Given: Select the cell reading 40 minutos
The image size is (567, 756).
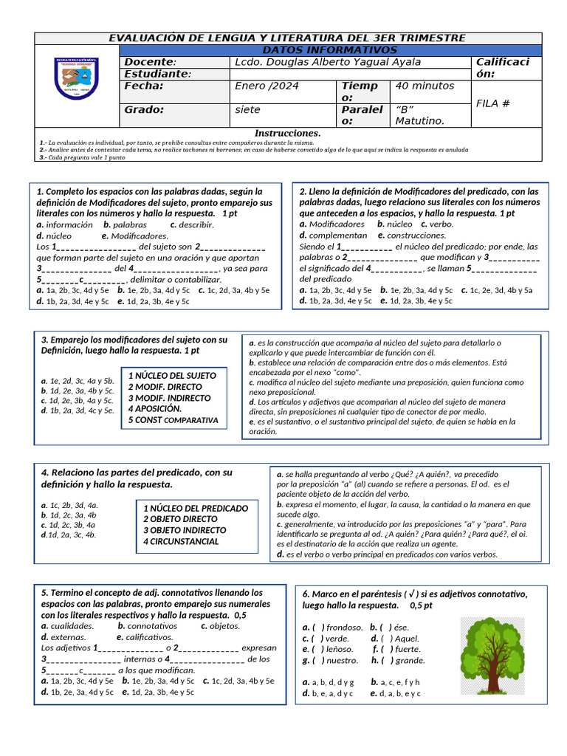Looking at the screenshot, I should point(425,86).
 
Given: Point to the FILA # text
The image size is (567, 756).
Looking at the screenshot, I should point(493,103).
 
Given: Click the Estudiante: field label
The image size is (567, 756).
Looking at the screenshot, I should point(157,74).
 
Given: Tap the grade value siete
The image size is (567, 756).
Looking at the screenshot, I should point(247,110).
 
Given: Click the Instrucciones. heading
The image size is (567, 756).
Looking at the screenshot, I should point(287,133).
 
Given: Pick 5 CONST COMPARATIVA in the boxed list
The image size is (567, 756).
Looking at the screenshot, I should point(173,420).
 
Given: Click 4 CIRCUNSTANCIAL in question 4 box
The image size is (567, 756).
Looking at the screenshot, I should point(181,541).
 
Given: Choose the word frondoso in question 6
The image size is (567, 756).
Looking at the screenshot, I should point(344,627).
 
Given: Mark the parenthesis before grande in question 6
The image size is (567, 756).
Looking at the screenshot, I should point(388,660).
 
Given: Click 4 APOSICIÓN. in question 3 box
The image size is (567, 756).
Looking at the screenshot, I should point(155,408).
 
